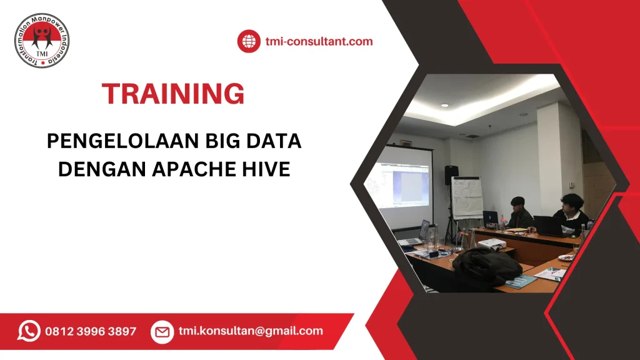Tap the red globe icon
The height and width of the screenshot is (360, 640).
(248, 42)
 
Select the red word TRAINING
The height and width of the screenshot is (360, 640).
(173, 94)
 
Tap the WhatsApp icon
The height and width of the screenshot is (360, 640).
(29, 331)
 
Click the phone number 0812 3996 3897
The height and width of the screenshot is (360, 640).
(91, 331)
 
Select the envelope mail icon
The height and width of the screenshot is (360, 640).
(162, 331)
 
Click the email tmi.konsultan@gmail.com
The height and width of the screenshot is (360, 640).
(251, 331)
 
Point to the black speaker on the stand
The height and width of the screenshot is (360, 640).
(451, 175)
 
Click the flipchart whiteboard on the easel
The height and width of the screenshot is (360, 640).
(467, 197)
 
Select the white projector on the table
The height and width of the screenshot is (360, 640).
(491, 244)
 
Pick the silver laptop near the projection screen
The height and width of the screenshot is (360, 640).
(416, 234)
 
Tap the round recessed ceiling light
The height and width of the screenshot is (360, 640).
(444, 106)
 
